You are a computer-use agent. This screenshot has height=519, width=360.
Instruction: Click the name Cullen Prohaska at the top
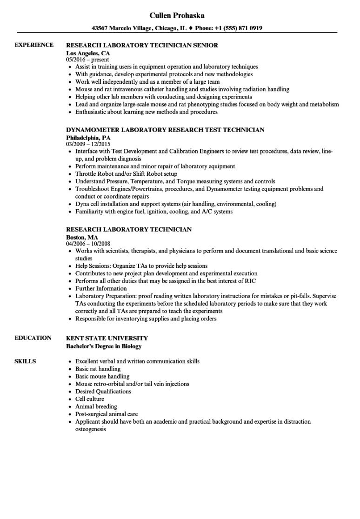click(180, 15)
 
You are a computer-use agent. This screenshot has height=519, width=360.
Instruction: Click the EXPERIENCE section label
click(34, 45)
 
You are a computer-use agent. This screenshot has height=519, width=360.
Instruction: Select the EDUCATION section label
click(33, 338)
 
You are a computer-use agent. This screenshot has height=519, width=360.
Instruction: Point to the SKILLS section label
click(26, 361)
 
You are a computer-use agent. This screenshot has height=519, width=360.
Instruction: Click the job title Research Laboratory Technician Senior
click(142, 46)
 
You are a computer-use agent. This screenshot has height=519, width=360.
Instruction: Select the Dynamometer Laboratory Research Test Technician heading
click(165, 130)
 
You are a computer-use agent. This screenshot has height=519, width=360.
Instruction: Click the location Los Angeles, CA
click(85, 53)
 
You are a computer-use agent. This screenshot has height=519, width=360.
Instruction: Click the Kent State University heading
click(107, 338)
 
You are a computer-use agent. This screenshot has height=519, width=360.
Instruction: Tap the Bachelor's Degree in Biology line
click(104, 346)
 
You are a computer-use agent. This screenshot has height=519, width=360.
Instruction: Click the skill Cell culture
click(90, 399)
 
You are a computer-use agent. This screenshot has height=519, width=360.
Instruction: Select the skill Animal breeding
click(96, 406)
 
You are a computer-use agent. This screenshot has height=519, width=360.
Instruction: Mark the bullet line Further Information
click(101, 288)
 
